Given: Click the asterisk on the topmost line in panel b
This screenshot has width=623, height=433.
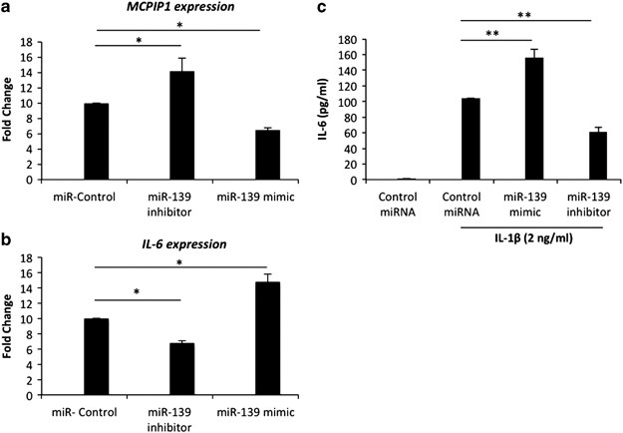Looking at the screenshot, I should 180,262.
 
